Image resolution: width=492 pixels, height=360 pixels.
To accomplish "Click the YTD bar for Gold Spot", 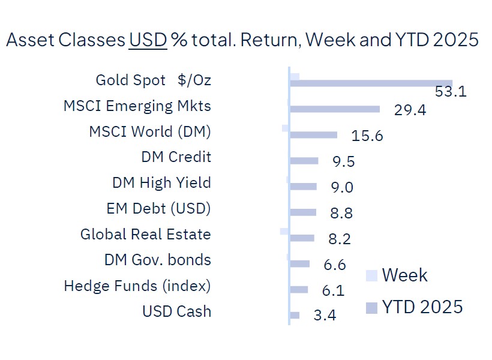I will [371, 83].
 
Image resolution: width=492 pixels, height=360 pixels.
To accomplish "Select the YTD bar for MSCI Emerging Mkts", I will [335, 109].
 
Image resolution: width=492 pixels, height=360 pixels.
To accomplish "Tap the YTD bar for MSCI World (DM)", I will [313, 135].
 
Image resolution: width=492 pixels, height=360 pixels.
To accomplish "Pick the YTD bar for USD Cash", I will [295, 315].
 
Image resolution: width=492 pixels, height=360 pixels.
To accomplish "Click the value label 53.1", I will [451, 92].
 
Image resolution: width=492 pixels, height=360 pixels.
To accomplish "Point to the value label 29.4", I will [410, 110].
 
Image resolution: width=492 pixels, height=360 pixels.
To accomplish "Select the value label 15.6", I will [367, 136].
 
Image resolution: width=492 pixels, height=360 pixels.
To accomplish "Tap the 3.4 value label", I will [325, 315].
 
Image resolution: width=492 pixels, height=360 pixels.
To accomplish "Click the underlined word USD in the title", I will [148, 40].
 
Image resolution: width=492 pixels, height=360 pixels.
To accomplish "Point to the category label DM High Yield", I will [161, 182].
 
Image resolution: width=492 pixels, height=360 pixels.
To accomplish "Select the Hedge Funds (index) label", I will [137, 286].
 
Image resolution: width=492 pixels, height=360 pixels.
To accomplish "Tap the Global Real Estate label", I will [146, 235].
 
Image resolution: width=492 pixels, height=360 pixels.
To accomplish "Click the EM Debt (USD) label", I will [158, 209].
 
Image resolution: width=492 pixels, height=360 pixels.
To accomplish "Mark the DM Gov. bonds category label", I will [158, 260].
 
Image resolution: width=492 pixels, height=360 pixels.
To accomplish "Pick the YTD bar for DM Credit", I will [304, 161].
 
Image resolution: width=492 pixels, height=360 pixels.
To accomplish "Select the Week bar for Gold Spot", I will [295, 76].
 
